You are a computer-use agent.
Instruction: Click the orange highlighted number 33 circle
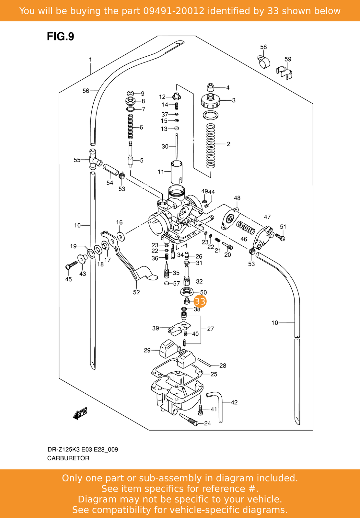pos(200,301)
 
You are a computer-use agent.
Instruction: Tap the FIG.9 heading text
pos(61,37)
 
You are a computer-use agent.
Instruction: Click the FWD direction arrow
pos(80,413)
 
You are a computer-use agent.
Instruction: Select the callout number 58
pos(263,47)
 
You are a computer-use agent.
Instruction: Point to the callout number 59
pos(288,59)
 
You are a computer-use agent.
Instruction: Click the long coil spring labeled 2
pos(211,146)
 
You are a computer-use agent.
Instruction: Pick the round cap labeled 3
pos(211,101)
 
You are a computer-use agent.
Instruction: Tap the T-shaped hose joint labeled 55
pos(93,159)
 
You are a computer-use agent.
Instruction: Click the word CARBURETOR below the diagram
pos(68,458)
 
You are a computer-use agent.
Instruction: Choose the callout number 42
pos(234,402)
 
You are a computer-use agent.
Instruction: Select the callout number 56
pos(86,91)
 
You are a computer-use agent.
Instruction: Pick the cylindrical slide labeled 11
pos(176,172)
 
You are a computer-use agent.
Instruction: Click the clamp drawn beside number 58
pos(264,61)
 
